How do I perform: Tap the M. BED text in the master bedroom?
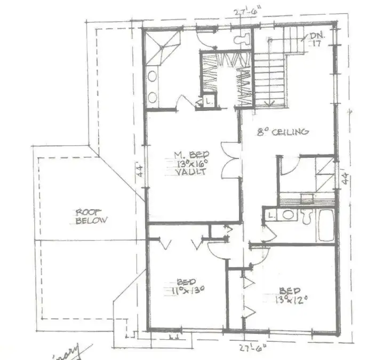tap(187, 155)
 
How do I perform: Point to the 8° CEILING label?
tap(283, 132)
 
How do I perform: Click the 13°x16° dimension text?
tap(187, 164)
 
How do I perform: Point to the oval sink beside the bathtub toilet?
tap(287, 215)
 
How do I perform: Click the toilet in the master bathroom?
tap(242, 37)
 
